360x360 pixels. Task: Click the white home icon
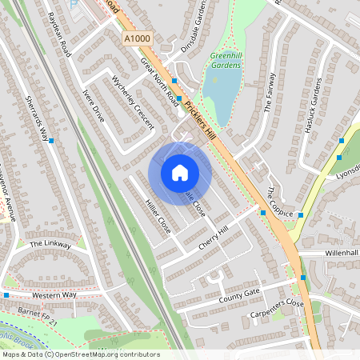pyautogui.click(x=179, y=173)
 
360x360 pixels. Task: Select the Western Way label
pyautogui.click(x=54, y=295)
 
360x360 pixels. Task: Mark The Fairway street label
pyautogui.click(x=270, y=93)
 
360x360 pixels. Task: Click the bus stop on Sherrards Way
pyautogui.click(x=52, y=141)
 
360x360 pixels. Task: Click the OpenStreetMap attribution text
pyautogui.click(x=80, y=354)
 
